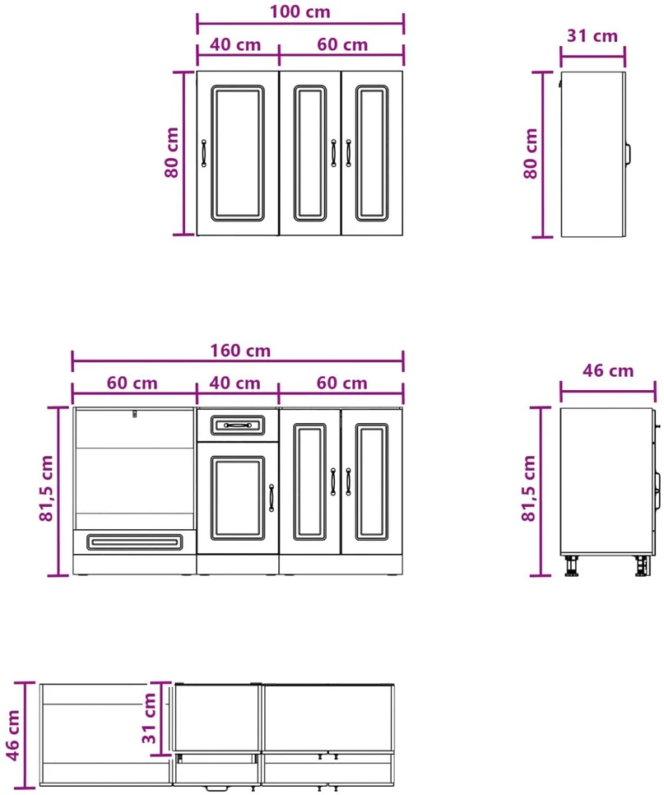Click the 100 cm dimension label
[299, 12]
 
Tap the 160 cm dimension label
[240, 351]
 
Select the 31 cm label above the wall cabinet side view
[592, 36]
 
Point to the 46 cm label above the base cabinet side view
[608, 370]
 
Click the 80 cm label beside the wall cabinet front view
[172, 152]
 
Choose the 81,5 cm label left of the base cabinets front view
[46, 488]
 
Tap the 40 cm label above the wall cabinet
[235, 44]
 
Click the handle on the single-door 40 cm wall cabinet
[204, 153]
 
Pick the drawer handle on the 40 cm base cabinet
[237, 425]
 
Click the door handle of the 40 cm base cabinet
[272, 498]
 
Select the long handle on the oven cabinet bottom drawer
[134, 542]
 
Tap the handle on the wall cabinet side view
[628, 154]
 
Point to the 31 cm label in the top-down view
[149, 718]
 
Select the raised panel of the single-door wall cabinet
[238, 153]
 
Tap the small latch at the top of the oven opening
[134, 414]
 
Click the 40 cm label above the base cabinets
[234, 383]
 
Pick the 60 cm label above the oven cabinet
[132, 383]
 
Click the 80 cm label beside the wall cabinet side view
[530, 154]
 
